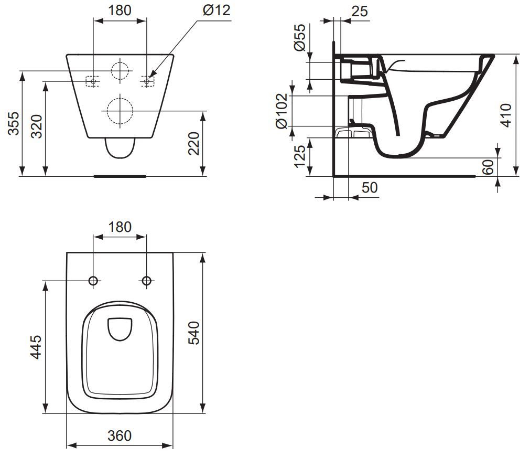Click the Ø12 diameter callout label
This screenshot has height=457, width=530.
pos(217,10)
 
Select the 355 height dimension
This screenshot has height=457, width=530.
pos(14,123)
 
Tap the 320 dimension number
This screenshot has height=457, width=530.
pos(37,126)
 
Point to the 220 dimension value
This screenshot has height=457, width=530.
pos(193,143)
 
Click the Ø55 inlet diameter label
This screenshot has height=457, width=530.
pos(300,37)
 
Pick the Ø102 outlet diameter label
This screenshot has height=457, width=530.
pos(282,111)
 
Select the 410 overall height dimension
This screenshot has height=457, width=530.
pos(506,115)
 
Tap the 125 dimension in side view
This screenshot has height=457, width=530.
pos(300,156)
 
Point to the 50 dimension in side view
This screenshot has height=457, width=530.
pos(370,187)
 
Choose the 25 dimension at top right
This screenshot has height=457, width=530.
pos(360,11)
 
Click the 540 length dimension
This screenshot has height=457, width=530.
pos(193,333)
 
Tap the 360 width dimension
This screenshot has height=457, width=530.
pos(120,435)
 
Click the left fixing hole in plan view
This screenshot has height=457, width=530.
pos(93,280)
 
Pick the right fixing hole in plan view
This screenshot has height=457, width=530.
pos(146,280)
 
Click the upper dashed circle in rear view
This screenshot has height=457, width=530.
pos(120,70)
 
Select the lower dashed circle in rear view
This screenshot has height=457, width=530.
pos(120,111)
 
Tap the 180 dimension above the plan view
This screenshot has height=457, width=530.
pos(120,227)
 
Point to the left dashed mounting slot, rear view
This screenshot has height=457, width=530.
pos(93,81)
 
